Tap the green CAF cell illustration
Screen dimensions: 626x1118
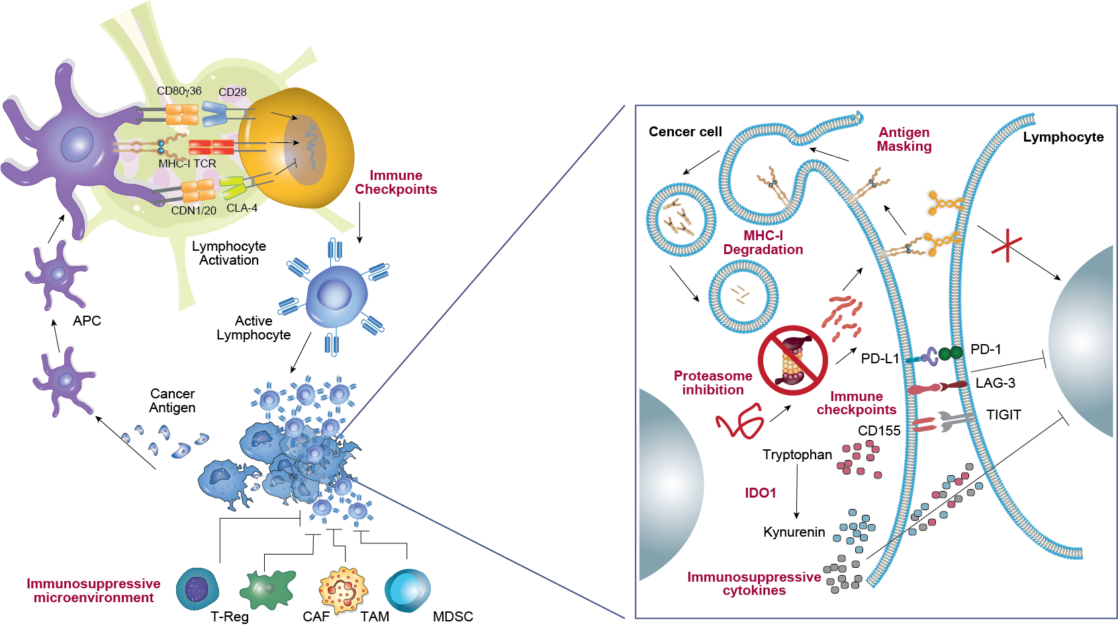point(268,588)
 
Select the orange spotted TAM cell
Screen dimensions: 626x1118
point(343,588)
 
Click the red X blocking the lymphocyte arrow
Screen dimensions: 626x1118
point(1007,246)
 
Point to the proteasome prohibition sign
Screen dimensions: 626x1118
point(792,360)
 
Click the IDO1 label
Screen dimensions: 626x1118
point(760,493)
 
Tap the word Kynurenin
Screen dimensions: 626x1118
point(794,532)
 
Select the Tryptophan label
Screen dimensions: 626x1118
point(797,455)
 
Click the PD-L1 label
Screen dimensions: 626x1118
point(880,359)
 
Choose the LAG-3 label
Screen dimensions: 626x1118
point(995,383)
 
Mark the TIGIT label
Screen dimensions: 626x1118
point(1003,415)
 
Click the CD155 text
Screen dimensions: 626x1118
point(879,431)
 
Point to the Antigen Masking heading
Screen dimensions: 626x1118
point(904,140)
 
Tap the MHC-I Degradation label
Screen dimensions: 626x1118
point(763,243)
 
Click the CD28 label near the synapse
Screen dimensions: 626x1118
point(232,93)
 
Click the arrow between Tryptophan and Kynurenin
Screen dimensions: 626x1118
point(796,492)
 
